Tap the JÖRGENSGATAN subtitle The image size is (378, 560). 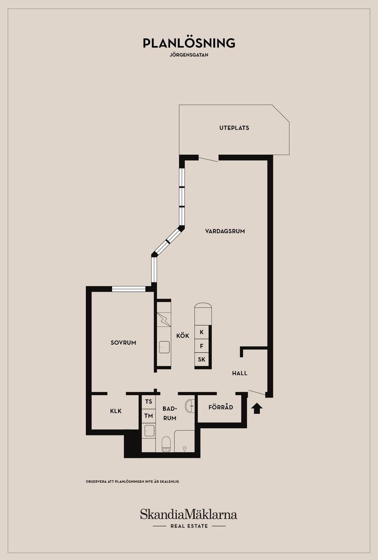point(189,55)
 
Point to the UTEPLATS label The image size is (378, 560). point(234,128)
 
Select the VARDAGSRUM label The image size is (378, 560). point(225,231)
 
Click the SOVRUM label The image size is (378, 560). point(123,342)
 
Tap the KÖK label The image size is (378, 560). point(183,336)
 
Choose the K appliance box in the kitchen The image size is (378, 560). point(202,332)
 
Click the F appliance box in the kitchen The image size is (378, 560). point(202,346)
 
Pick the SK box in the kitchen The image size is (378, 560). point(202,360)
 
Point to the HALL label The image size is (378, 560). point(240,373)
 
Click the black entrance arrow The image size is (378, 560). point(257,409)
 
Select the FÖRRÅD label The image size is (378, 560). point(221,407)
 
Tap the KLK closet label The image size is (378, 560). point(116,411)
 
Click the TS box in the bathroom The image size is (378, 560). point(148,402)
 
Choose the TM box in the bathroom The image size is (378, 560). point(148,416)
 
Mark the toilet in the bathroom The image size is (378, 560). point(166,444)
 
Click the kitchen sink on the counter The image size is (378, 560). point(164,347)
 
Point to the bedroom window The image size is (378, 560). point(129,289)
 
